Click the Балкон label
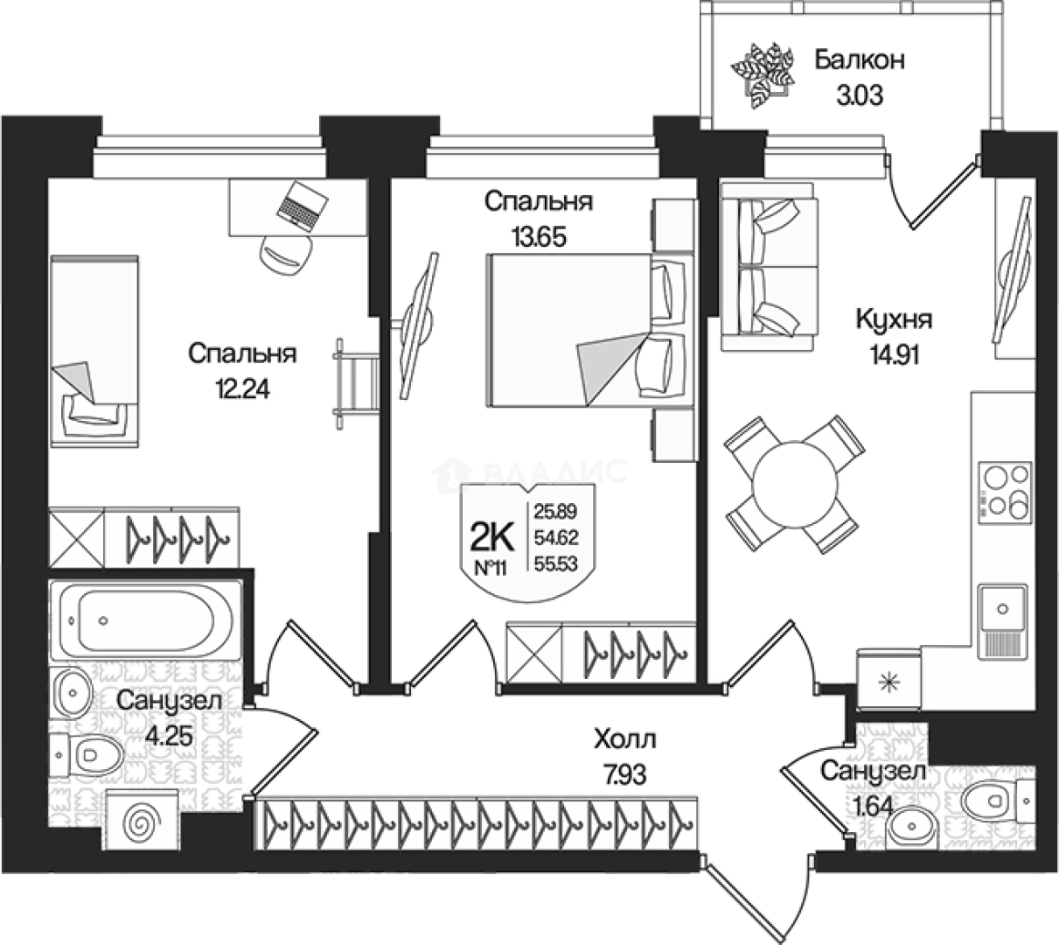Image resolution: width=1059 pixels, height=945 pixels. tap(859, 59)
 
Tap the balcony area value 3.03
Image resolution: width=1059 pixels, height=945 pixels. tap(859, 94)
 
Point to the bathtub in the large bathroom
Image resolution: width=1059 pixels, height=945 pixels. tap(145, 617)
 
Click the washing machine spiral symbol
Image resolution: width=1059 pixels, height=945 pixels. tap(143, 822)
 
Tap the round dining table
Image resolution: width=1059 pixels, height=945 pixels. tap(794, 483)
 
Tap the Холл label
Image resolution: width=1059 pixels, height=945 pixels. tap(624, 740)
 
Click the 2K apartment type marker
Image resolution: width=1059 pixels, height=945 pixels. tap(491, 534)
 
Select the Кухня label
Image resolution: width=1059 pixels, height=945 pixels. tap(894, 319)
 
